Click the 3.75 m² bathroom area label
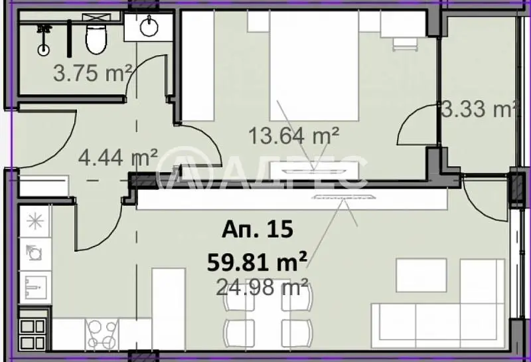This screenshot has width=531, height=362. (92, 73)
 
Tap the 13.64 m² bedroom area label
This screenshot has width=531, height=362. (293, 136)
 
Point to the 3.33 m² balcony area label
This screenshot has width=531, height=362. (480, 109)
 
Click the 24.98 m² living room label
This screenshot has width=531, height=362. (262, 287)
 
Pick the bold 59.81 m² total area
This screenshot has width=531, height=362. (258, 262)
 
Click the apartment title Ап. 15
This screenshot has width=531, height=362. (258, 229)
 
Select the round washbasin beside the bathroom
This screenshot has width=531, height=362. (149, 26)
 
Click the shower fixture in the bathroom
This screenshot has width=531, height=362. (43, 40)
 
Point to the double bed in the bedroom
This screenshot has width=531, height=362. (314, 66)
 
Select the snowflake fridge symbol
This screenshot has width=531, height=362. (35, 222)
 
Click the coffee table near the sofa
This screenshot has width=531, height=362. (421, 275)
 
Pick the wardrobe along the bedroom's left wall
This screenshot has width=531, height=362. (198, 66)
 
